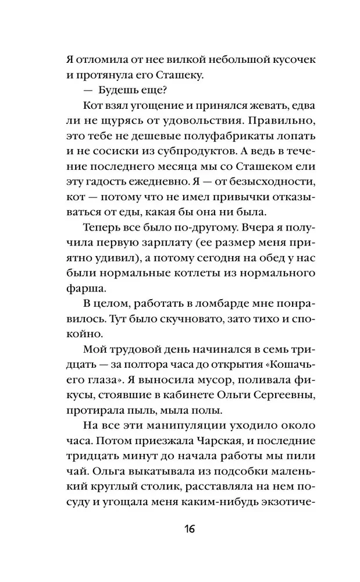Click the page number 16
tap(180, 529)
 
